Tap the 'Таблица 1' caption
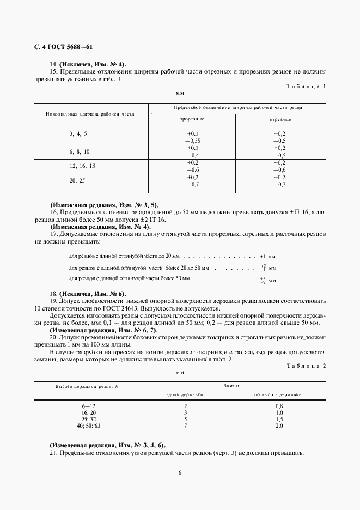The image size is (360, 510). click(306, 86)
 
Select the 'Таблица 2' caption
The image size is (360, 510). click(306, 366)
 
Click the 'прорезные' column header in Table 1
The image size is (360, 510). click(192, 119)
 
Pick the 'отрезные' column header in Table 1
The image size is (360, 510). click(280, 119)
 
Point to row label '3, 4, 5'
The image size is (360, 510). click(78, 133)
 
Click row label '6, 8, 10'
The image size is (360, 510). click(80, 151)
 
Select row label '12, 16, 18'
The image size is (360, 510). click(82, 166)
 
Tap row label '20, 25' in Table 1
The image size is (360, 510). click(77, 180)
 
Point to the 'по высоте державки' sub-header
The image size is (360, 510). click(278, 394)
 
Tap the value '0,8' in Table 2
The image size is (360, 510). click(279, 406)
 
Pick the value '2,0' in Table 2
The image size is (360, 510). click(279, 426)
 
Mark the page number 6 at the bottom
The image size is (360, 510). click(180, 472)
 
